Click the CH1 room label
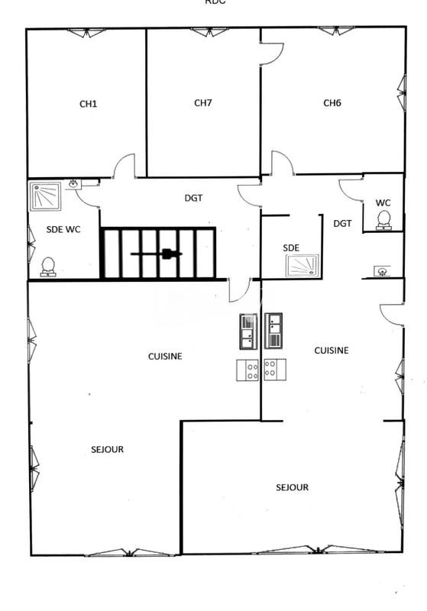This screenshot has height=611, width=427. [x=88, y=105]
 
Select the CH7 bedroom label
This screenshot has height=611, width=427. [x=202, y=102]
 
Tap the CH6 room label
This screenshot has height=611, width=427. [x=332, y=102]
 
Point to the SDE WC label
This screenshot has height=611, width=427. [x=63, y=229]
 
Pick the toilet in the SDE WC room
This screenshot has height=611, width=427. [x=48, y=267]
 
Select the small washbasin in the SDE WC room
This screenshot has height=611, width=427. [x=73, y=184]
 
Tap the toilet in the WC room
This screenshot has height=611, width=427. [x=385, y=220]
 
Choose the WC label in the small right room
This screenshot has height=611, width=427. [x=383, y=202]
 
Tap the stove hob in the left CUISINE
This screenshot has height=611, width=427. [x=248, y=370]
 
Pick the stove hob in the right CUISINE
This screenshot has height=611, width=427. [x=273, y=370]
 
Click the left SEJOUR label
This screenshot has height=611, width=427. [x=107, y=450]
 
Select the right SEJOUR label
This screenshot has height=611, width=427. [x=293, y=487]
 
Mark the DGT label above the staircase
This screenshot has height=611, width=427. [x=193, y=198]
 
